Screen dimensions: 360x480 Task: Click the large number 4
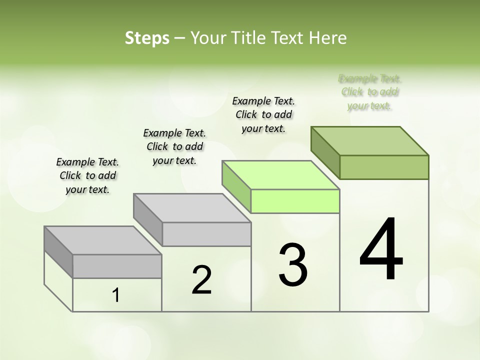click(x=381, y=250)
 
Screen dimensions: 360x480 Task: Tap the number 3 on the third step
click(x=292, y=265)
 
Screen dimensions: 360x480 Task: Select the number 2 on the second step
click(x=202, y=280)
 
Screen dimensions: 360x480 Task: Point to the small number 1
click(x=116, y=295)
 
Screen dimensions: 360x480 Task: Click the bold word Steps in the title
click(x=147, y=38)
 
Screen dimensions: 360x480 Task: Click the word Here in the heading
click(x=328, y=38)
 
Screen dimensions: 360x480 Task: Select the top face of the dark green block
click(x=370, y=140)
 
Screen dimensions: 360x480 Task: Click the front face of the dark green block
click(x=384, y=167)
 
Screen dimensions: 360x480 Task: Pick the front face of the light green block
click(x=295, y=201)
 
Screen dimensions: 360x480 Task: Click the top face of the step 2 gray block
click(x=192, y=208)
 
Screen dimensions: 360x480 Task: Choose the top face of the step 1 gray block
click(x=103, y=240)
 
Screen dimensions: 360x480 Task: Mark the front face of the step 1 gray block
click(x=117, y=266)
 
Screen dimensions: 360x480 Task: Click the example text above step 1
click(x=87, y=175)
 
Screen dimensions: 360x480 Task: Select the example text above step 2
click(x=174, y=146)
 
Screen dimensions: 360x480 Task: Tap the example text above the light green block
click(x=263, y=114)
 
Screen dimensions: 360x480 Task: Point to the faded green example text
click(x=370, y=92)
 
